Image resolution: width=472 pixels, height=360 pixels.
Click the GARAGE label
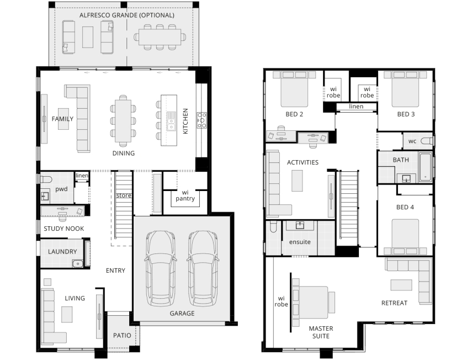tap(182, 314)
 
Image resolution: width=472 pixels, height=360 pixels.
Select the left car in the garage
tap(161, 268)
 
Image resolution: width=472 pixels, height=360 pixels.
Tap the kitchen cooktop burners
tap(201, 120)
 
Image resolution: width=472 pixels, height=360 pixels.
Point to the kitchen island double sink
tap(171, 121)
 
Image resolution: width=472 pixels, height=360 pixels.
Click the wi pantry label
tap(185, 195)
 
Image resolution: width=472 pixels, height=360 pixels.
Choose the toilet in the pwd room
tap(46, 179)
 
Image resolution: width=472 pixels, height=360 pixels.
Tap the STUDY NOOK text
tap(64, 229)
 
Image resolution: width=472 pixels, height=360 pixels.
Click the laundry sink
tap(78, 264)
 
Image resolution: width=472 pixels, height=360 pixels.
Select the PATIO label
tap(122, 335)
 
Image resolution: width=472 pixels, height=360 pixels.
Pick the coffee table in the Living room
tap(67, 315)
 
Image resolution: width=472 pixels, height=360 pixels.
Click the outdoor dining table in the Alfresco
tap(160, 37)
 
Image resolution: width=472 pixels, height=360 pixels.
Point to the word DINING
tap(124, 153)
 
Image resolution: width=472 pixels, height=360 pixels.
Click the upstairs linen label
tap(356, 106)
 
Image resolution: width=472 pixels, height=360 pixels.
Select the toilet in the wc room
tap(427, 141)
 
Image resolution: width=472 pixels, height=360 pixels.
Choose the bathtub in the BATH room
tap(425, 167)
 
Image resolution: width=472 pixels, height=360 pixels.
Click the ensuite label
tap(300, 242)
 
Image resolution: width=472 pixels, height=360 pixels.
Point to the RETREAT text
tap(394, 303)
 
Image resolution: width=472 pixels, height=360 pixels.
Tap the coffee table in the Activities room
tap(297, 181)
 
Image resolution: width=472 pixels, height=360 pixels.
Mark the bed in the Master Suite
tap(313, 303)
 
